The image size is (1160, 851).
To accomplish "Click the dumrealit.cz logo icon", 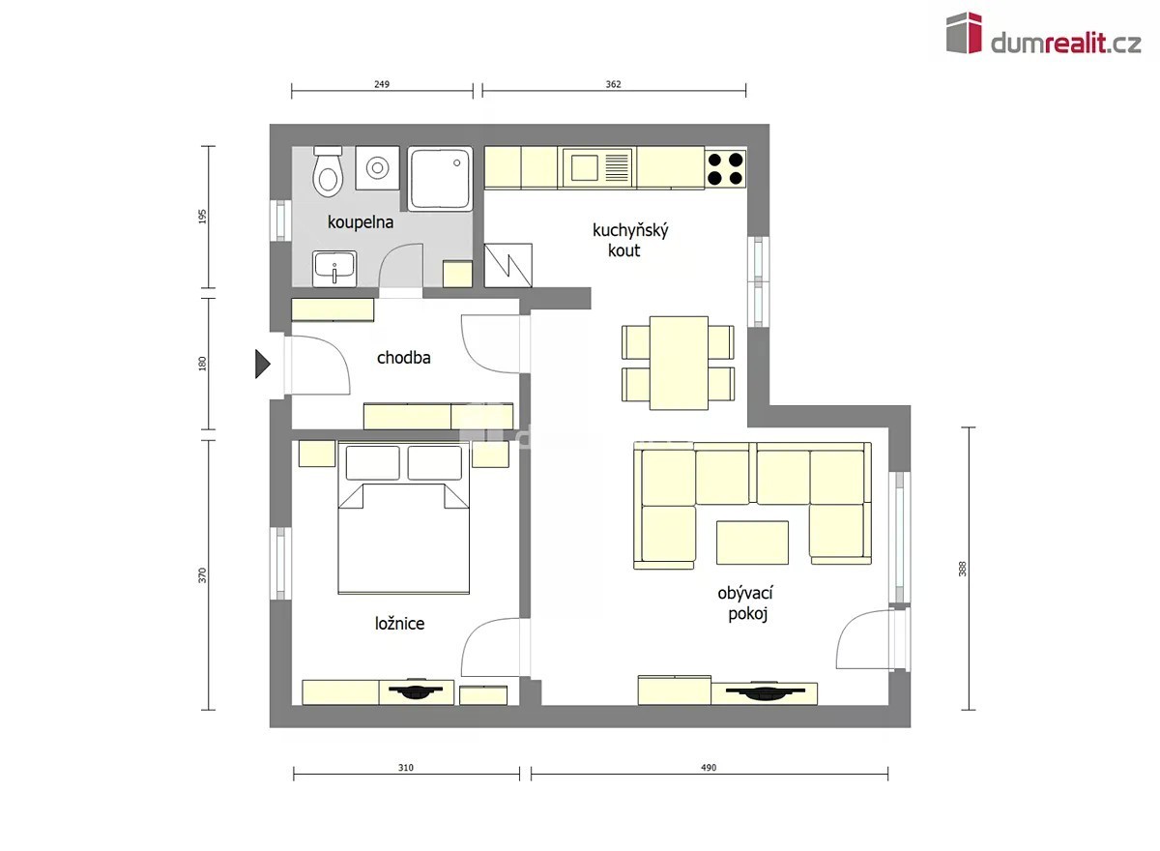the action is click(x=964, y=33).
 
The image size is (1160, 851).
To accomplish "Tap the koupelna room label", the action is click(x=361, y=222).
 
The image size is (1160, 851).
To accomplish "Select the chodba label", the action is click(x=403, y=358).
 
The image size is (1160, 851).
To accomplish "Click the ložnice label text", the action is click(x=399, y=623).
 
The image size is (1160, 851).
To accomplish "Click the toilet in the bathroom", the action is click(x=328, y=171).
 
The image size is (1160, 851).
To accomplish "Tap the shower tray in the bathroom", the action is click(x=440, y=179).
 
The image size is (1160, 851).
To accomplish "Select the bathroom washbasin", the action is click(x=334, y=268).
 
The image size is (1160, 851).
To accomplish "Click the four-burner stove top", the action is click(x=725, y=168).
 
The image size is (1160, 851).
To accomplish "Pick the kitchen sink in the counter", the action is click(x=596, y=168).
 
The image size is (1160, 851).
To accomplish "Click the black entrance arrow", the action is click(x=263, y=365).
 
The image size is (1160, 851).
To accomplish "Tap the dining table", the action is click(x=679, y=363).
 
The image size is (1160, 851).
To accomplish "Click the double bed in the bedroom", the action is click(x=403, y=517).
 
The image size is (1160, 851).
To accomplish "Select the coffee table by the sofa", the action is click(x=752, y=543).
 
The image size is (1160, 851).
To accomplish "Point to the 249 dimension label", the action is click(x=382, y=84).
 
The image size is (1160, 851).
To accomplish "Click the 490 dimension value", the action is click(x=709, y=768).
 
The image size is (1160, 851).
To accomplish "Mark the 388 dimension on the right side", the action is click(x=962, y=569).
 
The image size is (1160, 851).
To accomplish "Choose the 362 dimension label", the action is click(x=613, y=84).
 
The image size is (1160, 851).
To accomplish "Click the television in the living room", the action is click(x=765, y=691).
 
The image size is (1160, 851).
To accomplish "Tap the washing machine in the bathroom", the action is click(x=378, y=168).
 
